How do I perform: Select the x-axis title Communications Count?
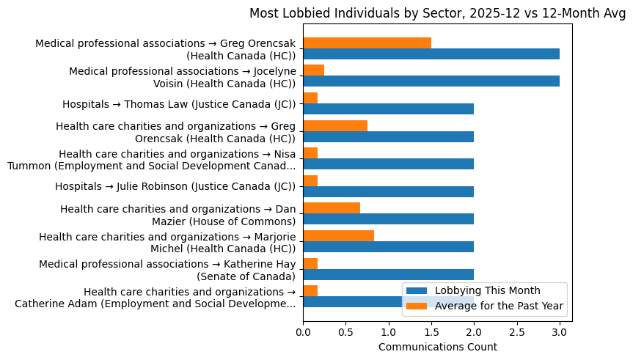[x=437, y=347]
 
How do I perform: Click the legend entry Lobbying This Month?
[x=487, y=290]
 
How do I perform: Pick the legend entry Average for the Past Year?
[x=499, y=306]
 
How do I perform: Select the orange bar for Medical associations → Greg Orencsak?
[x=367, y=43]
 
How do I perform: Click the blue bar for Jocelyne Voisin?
[x=431, y=81]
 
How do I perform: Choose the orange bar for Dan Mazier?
[x=332, y=208]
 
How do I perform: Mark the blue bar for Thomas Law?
[x=388, y=109]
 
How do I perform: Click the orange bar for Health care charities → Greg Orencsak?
[x=335, y=125]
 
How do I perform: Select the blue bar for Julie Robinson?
[x=388, y=191]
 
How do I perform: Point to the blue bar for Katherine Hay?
[x=388, y=274]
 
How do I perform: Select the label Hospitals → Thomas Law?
[x=179, y=104]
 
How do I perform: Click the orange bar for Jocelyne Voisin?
[x=314, y=70]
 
